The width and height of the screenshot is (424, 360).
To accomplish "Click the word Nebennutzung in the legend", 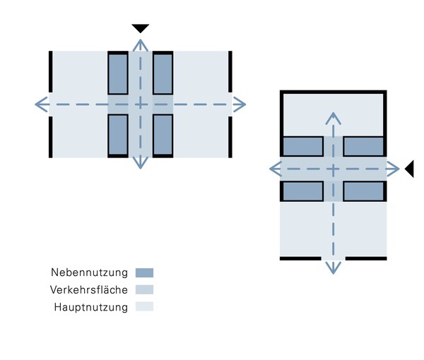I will point(89,272).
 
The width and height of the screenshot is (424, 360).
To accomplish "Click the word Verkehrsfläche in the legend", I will point(89,290).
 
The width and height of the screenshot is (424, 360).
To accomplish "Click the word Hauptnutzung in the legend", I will point(90,307).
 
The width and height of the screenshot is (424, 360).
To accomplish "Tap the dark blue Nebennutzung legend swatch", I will point(144,272).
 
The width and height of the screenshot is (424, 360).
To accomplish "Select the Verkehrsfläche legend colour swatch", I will point(144,289).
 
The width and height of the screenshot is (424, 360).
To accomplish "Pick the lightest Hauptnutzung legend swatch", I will point(144,306).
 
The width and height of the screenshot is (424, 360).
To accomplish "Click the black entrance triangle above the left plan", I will point(141,28).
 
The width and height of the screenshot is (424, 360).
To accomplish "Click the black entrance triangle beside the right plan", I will point(409,169).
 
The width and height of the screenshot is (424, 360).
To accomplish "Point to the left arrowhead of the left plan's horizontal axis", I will point(40,104).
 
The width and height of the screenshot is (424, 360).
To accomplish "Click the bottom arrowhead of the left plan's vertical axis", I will point(141,164).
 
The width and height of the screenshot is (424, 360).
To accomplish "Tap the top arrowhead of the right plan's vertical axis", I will point(334,116).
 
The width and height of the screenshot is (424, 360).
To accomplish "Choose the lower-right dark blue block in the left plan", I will point(163,135).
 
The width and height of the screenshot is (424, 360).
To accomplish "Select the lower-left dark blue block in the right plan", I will point(302,191).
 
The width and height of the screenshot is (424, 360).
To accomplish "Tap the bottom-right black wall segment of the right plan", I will point(366,258).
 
